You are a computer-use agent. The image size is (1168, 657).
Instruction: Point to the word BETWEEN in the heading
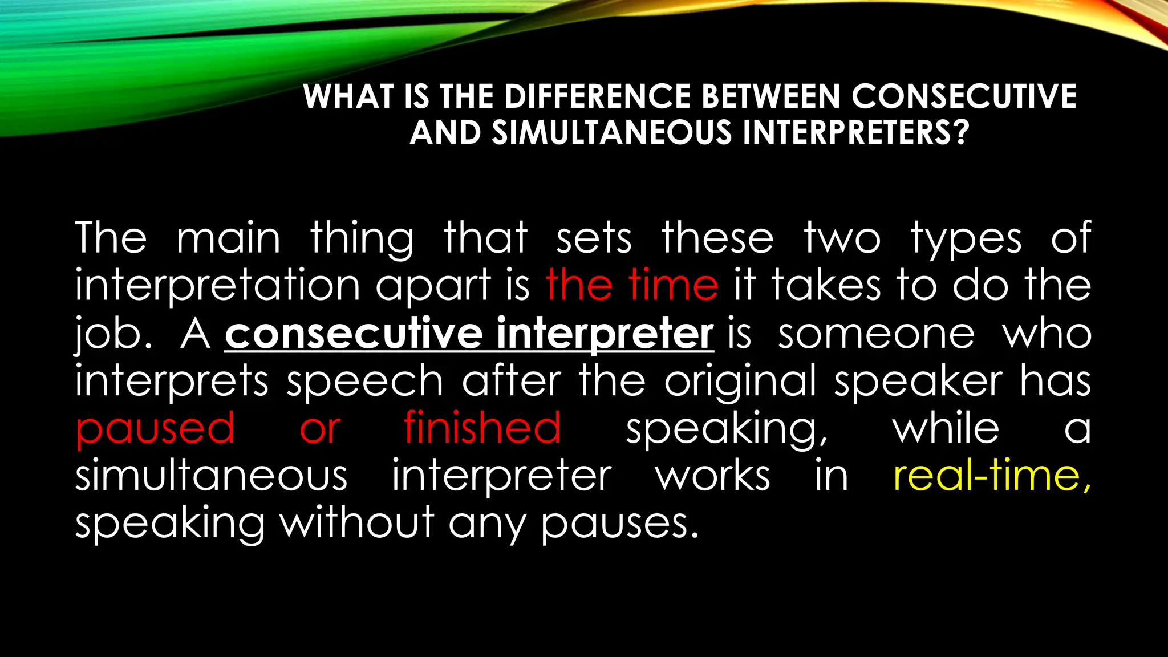770,96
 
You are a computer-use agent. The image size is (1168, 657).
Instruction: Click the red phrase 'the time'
632,285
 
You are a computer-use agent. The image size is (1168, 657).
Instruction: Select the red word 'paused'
155,429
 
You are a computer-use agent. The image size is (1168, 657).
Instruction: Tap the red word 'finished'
482,428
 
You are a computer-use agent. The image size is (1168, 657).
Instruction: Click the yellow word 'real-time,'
992,476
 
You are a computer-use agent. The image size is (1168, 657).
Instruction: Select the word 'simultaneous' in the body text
212,476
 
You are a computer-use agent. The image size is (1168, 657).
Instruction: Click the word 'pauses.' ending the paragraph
620,524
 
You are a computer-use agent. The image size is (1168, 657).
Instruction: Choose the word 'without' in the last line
357,522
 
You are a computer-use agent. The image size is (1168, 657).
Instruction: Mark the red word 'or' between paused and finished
320,429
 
